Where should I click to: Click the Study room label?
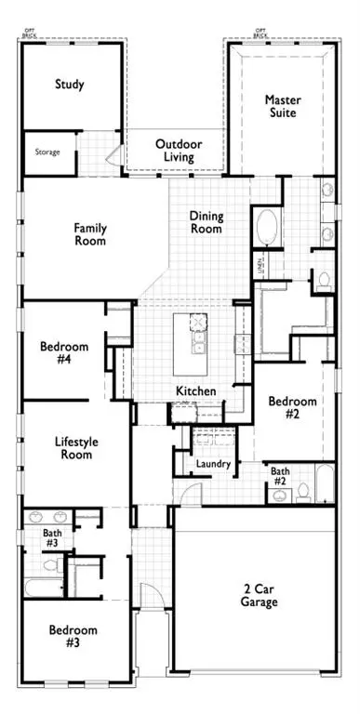click(x=69, y=85)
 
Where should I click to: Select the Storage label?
click(x=48, y=152)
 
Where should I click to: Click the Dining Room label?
click(x=207, y=222)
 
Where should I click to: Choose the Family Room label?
click(x=90, y=234)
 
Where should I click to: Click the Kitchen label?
click(x=196, y=391)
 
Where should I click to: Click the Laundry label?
click(x=213, y=464)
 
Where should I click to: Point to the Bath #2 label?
click(x=280, y=477)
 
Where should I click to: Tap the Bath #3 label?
click(x=52, y=538)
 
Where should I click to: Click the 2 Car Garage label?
click(x=260, y=596)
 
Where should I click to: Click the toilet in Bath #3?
click(x=53, y=562)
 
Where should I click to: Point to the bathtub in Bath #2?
click(x=325, y=483)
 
